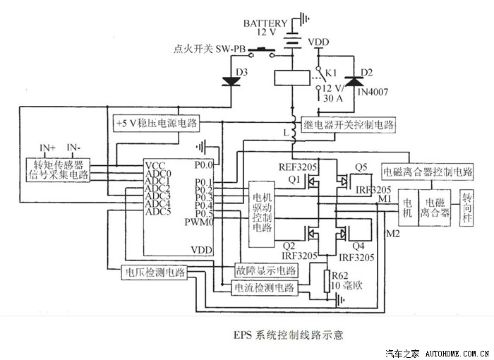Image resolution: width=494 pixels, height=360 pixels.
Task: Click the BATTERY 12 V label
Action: (267, 27)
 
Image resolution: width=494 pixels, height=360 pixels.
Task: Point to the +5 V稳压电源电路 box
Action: (157, 123)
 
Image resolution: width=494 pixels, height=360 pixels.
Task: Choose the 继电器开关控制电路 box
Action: (349, 124)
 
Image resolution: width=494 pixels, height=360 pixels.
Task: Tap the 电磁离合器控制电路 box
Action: (427, 172)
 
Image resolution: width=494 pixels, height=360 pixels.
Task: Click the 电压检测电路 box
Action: (155, 272)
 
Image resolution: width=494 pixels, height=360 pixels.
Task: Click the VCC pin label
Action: (155, 165)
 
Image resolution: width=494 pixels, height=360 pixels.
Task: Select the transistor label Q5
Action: (361, 167)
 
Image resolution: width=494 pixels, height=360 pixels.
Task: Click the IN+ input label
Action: (48, 148)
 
